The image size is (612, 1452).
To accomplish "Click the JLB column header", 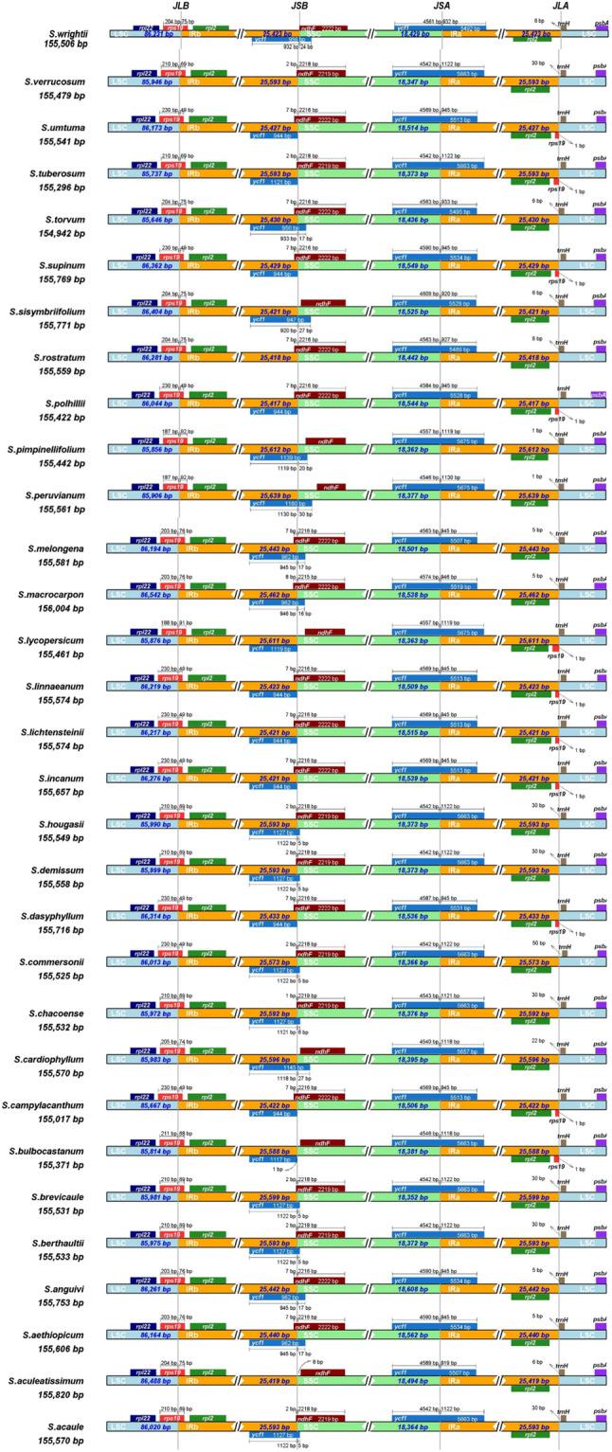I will pyautogui.click(x=179, y=7).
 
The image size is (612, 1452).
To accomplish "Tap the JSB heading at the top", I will pyautogui.click(x=297, y=7).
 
